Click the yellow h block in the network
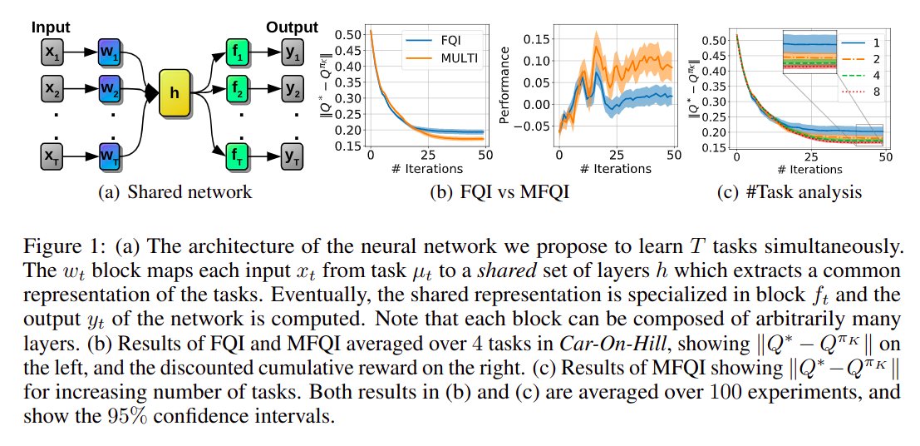174,93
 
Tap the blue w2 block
110,87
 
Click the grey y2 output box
293,87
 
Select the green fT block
237,155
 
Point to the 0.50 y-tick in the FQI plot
352,34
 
